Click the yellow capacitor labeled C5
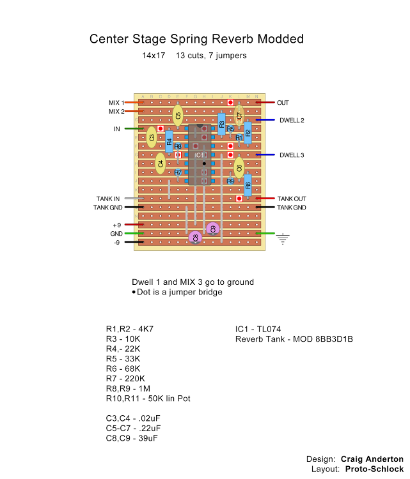click(178, 115)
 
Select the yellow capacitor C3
click(152, 137)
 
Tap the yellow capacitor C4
click(160, 163)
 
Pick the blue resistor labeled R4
click(169, 142)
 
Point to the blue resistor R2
click(248, 133)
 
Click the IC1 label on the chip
click(199, 155)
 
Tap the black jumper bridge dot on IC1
click(204, 163)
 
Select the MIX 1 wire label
click(116, 102)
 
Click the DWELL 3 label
click(292, 155)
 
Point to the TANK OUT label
click(291, 199)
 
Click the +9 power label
click(116, 225)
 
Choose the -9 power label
click(117, 243)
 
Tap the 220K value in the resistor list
click(134, 379)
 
